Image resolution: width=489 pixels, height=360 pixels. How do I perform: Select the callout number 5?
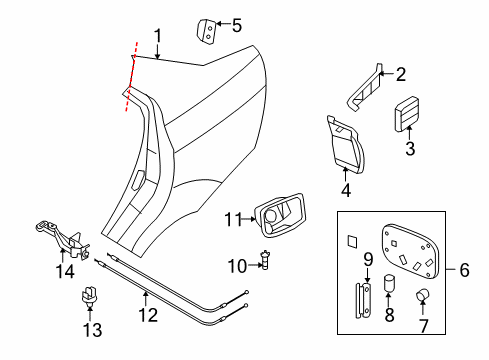pos(237,24)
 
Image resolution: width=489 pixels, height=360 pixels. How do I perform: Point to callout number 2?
pos(401,74)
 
